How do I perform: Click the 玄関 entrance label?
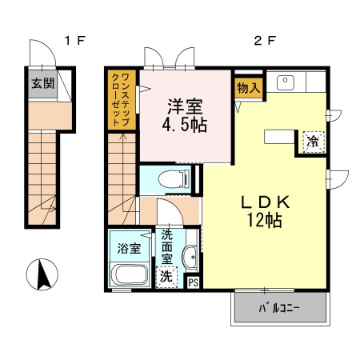click(42, 83)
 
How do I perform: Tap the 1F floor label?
click(74, 41)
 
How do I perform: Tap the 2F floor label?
click(264, 41)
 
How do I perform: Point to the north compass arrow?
click(43, 274)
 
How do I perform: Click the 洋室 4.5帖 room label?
click(185, 115)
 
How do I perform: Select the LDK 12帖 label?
click(265, 211)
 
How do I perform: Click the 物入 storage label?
click(249, 88)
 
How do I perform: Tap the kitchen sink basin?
click(286, 82)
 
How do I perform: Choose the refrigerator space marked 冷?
click(314, 142)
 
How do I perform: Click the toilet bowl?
click(174, 179)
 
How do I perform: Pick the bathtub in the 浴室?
click(129, 274)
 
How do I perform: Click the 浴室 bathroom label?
click(129, 249)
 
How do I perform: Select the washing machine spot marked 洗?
click(166, 277)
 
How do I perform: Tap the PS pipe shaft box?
click(194, 282)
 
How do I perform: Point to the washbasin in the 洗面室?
click(190, 257)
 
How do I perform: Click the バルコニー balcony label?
click(279, 309)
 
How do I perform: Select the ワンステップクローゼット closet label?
click(122, 99)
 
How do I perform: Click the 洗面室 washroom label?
click(166, 247)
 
